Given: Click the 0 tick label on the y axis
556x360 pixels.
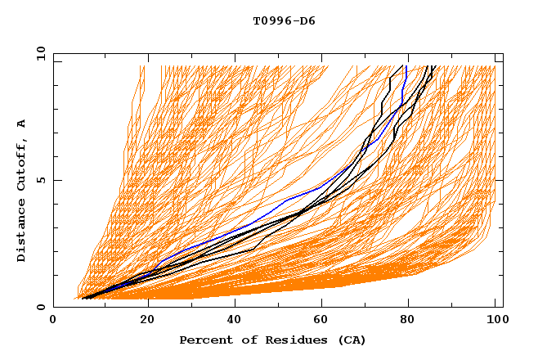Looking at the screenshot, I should click(41, 308).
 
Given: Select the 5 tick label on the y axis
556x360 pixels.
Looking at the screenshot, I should click(41, 181).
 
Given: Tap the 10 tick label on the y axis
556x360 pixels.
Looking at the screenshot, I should click(38, 54).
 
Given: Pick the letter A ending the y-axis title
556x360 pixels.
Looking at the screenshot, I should click(22, 124).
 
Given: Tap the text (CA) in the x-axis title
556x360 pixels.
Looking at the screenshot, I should click(352, 340).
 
